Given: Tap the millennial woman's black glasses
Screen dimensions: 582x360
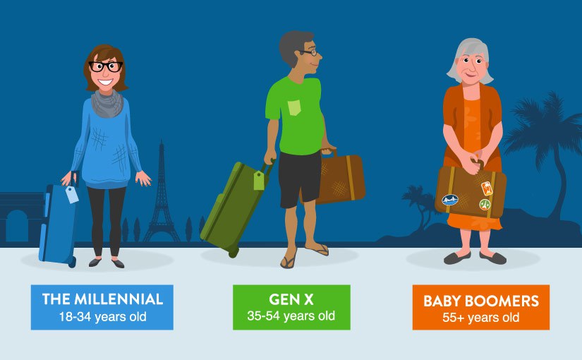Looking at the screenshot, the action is point(106,66).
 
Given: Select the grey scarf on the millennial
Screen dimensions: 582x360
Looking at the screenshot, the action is point(107,103).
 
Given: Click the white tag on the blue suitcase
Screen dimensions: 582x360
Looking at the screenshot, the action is point(72,194).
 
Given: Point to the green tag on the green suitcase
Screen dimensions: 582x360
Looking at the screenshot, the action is point(259,180).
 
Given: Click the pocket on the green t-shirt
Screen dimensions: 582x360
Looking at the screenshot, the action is point(294,107).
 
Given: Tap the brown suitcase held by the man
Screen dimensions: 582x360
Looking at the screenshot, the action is point(339,179).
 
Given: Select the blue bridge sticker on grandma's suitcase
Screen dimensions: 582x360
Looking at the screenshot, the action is point(450,200).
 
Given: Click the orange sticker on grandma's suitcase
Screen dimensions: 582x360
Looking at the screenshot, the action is point(487,188).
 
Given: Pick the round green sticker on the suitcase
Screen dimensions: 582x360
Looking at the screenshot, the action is point(485,204).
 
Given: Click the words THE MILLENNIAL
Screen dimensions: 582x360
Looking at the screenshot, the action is point(102,299).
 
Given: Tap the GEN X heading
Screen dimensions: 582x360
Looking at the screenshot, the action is point(291,299).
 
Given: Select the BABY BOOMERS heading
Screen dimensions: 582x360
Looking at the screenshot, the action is point(481,301).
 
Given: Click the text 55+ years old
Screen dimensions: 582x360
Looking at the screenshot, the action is point(480,318).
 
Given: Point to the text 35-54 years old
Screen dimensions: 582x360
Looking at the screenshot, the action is point(291,316).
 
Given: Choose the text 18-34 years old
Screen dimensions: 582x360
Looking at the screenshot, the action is point(102,316).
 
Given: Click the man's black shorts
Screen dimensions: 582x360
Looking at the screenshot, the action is point(299,179).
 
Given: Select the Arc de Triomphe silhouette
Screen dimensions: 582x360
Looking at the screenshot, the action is point(20,217).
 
